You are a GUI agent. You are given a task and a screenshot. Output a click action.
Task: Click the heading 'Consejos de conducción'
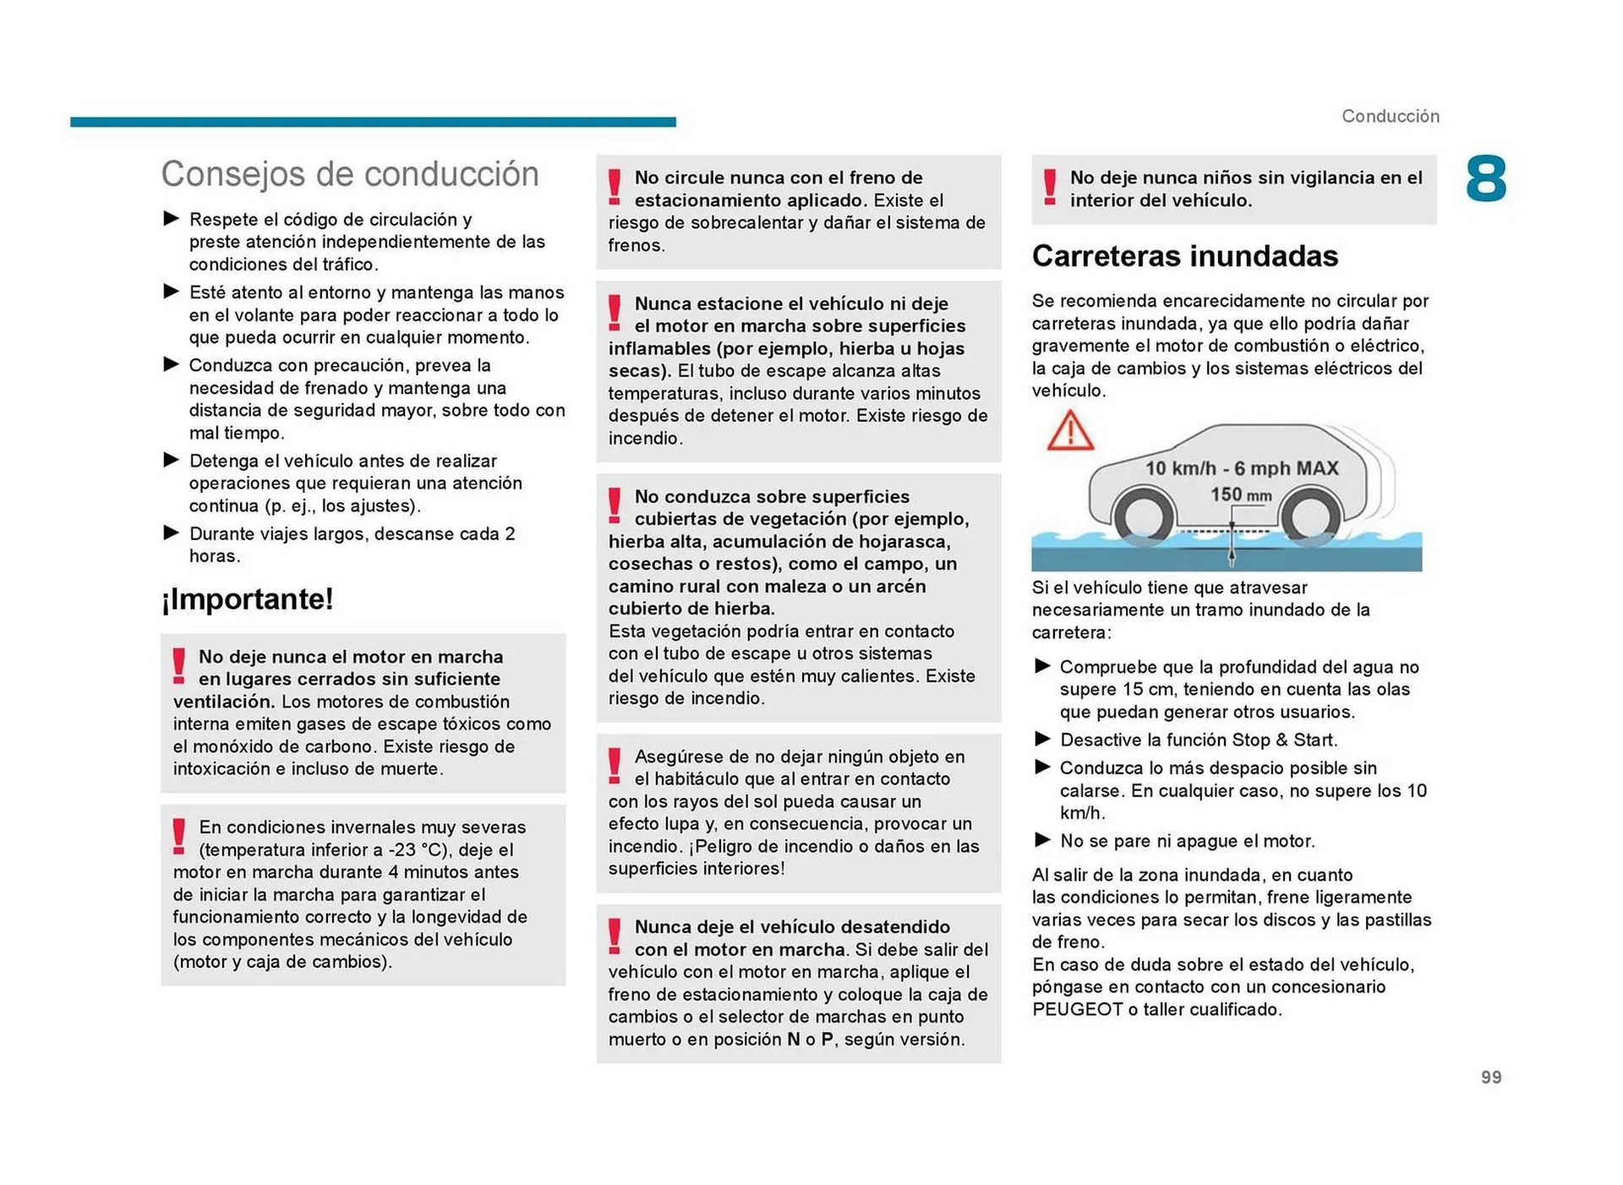tap(349, 174)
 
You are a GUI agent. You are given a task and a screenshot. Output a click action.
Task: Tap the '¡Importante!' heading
tap(247, 599)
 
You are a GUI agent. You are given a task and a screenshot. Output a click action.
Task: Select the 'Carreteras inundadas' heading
tap(1184, 256)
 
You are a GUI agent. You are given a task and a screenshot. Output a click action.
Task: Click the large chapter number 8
tap(1485, 179)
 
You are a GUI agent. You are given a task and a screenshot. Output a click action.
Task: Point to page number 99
tap(1490, 1077)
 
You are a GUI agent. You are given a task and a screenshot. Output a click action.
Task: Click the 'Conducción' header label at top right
tap(1390, 116)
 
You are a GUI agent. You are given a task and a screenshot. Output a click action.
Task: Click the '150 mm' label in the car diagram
tap(1240, 494)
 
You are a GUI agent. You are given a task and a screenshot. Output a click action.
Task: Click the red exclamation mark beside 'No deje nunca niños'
tap(1049, 187)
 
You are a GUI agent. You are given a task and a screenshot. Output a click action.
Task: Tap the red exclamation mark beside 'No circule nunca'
tap(615, 187)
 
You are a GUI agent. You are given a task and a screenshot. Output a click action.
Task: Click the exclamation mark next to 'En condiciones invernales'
tap(178, 836)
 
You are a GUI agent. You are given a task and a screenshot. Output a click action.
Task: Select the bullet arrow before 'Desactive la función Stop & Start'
tap(1042, 740)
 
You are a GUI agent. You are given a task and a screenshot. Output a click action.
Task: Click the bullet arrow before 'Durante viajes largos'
tap(172, 533)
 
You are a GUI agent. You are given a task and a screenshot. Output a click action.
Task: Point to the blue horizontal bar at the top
tap(373, 122)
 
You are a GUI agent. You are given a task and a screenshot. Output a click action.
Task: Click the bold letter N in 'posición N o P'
tap(793, 1039)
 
